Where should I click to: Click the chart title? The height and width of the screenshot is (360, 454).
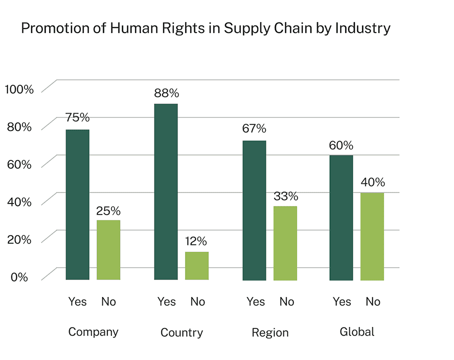tap(205, 28)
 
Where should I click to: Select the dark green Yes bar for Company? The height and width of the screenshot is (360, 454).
tap(77, 204)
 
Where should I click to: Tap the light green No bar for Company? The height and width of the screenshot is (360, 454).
tap(108, 249)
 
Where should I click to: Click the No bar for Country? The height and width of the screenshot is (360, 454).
tap(197, 265)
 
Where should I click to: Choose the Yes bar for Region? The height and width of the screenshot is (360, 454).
tap(254, 210)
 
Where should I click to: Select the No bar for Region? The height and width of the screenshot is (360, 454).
tap(285, 243)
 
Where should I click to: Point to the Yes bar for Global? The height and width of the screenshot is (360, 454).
tap(341, 217)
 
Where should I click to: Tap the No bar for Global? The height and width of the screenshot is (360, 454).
tap(372, 236)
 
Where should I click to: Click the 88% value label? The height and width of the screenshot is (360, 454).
tap(167, 93)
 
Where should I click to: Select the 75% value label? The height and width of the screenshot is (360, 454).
tap(77, 118)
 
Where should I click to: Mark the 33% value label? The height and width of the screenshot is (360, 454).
tap(285, 196)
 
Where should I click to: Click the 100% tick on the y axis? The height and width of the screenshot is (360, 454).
tap(19, 90)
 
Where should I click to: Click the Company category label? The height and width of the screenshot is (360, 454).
tap(93, 332)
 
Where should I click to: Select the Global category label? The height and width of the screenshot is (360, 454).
tap(357, 331)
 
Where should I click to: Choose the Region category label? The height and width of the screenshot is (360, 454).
tap(270, 332)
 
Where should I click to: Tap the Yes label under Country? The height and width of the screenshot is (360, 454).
tap(166, 301)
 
